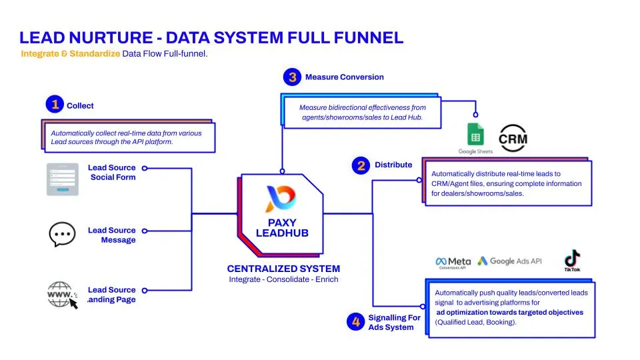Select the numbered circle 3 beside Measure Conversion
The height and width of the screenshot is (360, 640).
pos(292,77)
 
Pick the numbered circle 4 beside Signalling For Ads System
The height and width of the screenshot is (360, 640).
pos(355,322)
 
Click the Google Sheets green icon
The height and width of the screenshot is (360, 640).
pos(475,136)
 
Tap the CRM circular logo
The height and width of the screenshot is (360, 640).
pos(513,139)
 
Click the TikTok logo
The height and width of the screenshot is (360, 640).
pos(571,260)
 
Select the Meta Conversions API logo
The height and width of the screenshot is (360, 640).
pos(453,263)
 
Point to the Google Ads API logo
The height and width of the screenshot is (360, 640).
pos(509,261)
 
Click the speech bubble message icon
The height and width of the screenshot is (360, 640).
pos(62,235)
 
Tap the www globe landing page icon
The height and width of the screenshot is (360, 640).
pos(62,295)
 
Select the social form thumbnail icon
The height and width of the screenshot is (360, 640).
pos(62,179)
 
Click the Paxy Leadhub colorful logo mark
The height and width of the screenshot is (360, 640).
pos(280,199)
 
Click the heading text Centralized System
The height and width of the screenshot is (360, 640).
pos(283,269)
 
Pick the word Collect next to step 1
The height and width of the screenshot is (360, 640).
pos(80,105)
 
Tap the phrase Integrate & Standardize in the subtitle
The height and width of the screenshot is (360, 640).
pos(70,53)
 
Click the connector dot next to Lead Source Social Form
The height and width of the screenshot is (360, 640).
pos(145,169)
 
